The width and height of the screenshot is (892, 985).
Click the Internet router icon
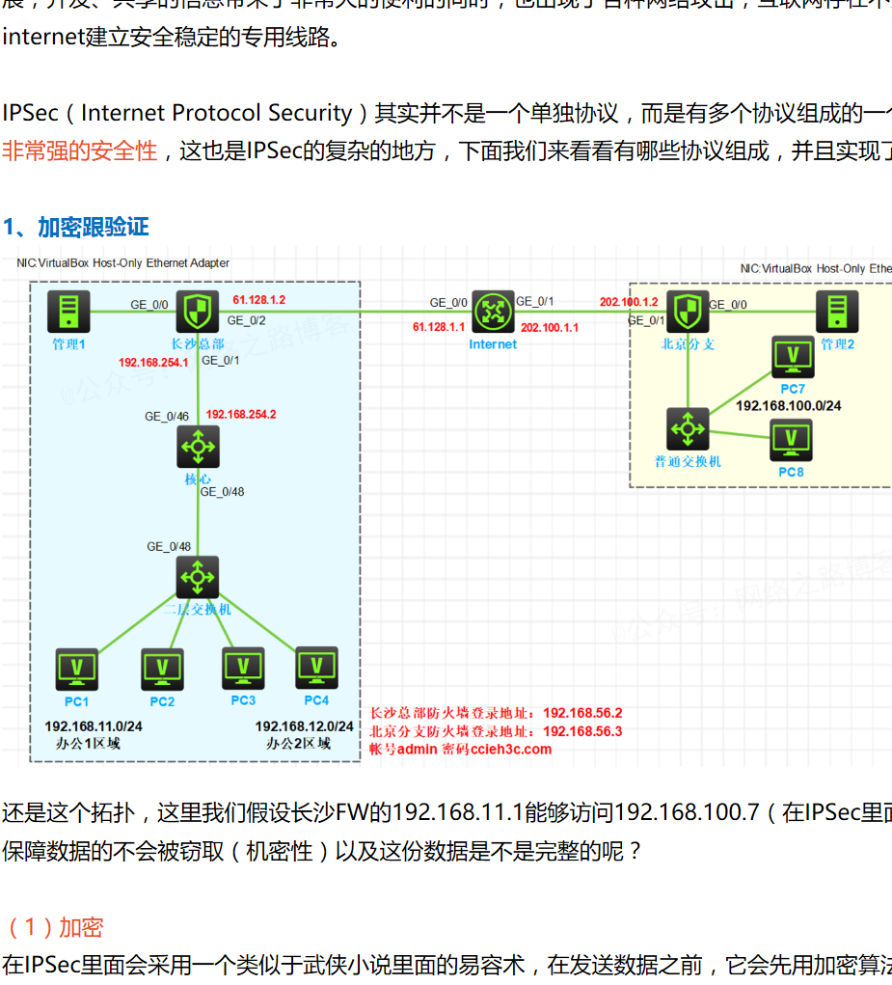(x=493, y=312)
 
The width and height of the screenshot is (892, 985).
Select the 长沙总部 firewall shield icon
(x=198, y=312)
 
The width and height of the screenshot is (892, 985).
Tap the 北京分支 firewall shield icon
(x=688, y=312)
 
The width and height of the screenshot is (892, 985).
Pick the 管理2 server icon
(x=836, y=312)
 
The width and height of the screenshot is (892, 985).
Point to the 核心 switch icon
(x=199, y=447)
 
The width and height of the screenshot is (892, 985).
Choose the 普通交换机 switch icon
(x=688, y=428)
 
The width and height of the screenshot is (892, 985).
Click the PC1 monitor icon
(x=77, y=669)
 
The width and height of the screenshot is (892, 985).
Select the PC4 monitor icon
(x=316, y=667)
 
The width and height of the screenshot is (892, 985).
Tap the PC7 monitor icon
(x=793, y=356)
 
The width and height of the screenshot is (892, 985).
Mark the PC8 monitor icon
(x=791, y=440)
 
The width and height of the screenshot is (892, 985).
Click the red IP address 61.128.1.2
(x=259, y=300)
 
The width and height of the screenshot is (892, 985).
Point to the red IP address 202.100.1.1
(x=550, y=327)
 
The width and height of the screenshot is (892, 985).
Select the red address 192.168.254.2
(x=241, y=414)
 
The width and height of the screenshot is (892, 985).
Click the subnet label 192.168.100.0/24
(x=788, y=406)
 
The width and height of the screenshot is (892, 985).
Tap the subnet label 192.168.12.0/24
(x=304, y=725)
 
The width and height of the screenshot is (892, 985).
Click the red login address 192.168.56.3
(x=582, y=731)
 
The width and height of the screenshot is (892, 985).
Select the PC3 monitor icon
(x=243, y=667)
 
